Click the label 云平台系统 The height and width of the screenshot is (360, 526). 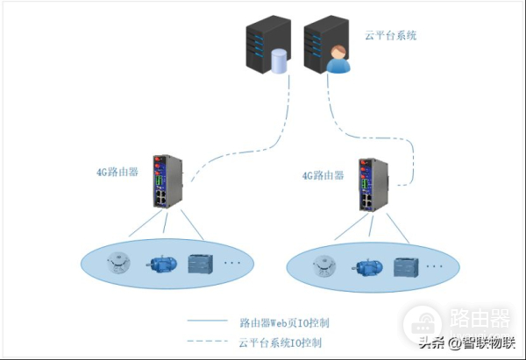[x=391, y=37]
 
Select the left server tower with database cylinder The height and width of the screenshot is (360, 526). [x=261, y=48]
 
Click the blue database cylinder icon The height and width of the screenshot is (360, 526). [x=279, y=62]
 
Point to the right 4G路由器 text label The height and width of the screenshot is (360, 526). [x=323, y=175]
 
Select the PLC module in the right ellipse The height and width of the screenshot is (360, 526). [x=406, y=266]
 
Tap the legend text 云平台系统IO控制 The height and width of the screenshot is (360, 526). [x=279, y=342]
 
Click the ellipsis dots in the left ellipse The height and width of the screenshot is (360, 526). [x=232, y=262]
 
